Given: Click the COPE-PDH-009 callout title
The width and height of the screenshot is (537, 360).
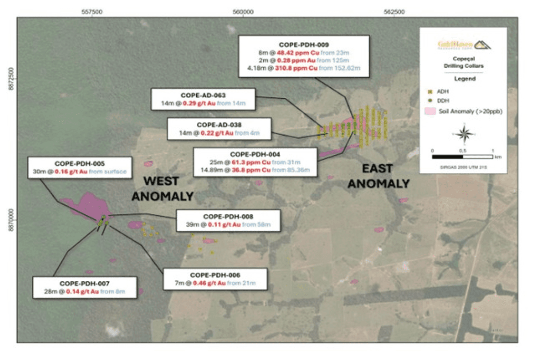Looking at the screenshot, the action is coord(304,44).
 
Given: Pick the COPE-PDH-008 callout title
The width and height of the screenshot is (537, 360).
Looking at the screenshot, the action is coord(228,217).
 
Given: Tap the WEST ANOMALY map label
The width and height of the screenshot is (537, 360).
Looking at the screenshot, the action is coord(162,188).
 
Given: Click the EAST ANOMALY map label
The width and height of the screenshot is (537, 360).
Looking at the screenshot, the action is coord(379,176).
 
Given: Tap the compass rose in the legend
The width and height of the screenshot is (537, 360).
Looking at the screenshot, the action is coord(464,133).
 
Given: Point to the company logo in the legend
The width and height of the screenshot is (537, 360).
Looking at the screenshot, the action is coord(464,45).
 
